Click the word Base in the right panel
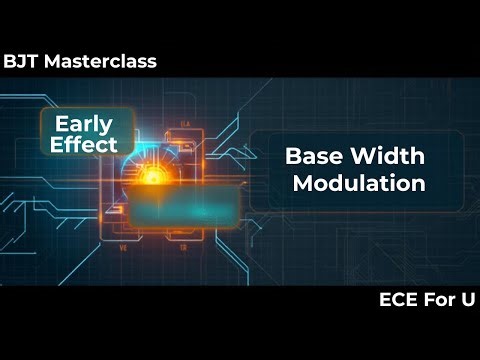tap(312, 157)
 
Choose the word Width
tap(388, 157)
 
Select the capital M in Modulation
tap(301, 183)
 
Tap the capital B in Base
tap(293, 157)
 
